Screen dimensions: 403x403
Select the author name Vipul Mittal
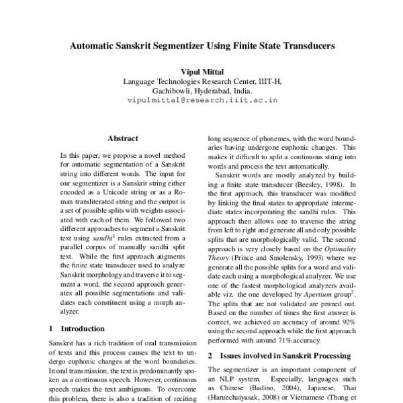click(202, 71)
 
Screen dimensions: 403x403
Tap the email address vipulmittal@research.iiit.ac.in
click(202, 99)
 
